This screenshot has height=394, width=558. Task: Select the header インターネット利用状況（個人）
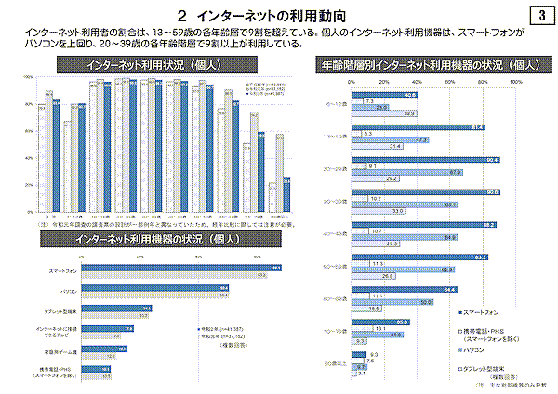(149, 65)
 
